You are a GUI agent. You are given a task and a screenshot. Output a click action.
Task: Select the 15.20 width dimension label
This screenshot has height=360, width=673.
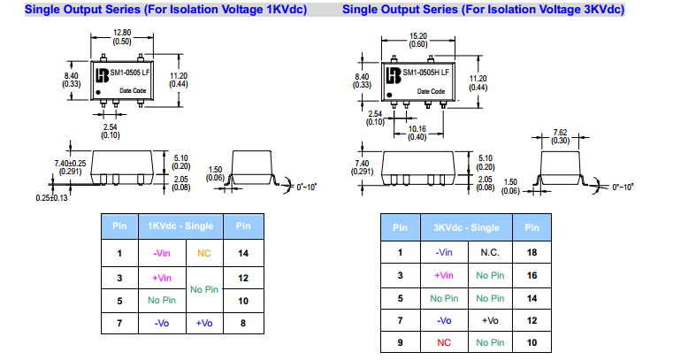[417, 37]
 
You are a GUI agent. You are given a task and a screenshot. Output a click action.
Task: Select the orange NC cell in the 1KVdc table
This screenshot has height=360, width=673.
[204, 253]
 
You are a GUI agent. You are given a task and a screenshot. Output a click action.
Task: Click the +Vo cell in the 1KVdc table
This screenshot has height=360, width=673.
[204, 324]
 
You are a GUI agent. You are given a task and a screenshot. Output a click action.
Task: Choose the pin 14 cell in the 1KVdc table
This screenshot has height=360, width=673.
[243, 253]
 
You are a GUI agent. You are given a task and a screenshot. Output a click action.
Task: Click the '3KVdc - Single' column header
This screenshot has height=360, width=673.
[465, 227]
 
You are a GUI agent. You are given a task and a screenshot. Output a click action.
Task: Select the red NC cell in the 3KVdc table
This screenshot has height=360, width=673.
[445, 342]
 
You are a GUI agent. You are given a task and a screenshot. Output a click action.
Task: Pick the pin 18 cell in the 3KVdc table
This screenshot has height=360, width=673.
[532, 252]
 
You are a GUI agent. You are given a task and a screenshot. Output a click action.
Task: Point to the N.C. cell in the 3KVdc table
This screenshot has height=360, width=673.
[490, 252]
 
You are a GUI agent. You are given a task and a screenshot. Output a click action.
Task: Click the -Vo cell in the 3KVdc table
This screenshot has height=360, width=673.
[445, 319]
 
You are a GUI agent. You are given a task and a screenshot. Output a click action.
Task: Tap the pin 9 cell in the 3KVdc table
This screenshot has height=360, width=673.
[400, 342]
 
